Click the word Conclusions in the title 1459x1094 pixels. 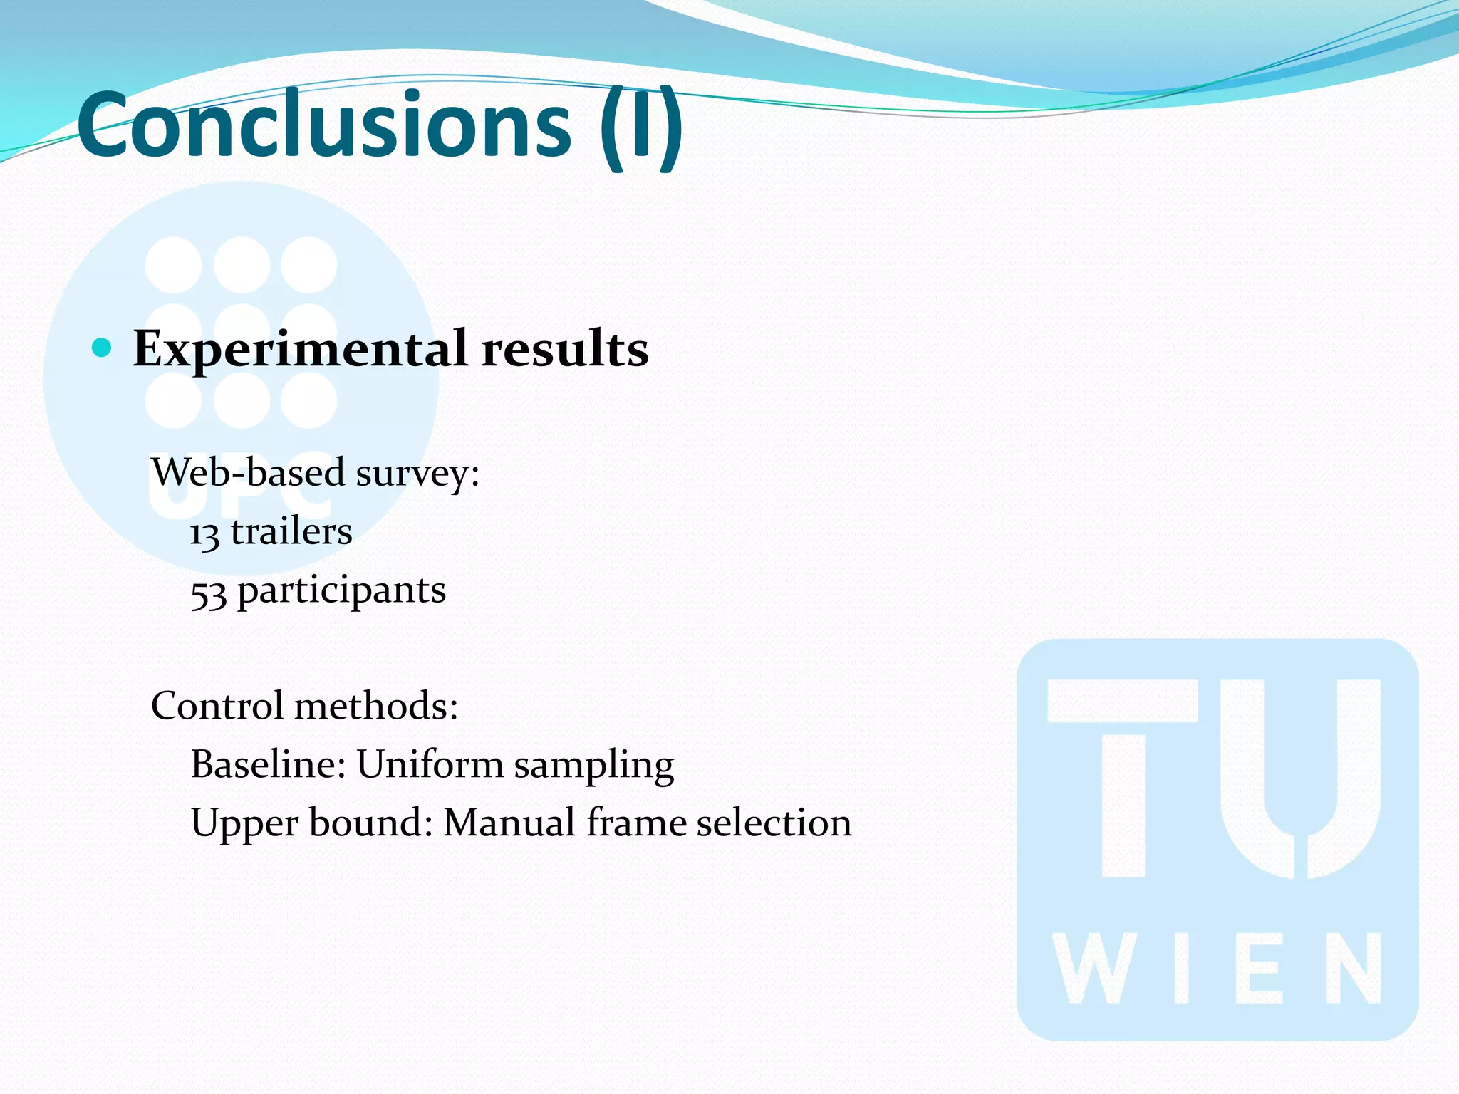click(x=324, y=125)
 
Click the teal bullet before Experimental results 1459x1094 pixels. click(x=103, y=348)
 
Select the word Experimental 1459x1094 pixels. click(x=300, y=350)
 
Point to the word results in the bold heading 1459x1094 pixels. click(x=564, y=349)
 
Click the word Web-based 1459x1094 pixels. click(x=249, y=472)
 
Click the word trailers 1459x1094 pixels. click(x=291, y=531)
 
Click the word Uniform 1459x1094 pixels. click(x=430, y=764)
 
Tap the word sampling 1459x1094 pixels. click(x=593, y=766)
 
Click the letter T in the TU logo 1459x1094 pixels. click(x=1123, y=776)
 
